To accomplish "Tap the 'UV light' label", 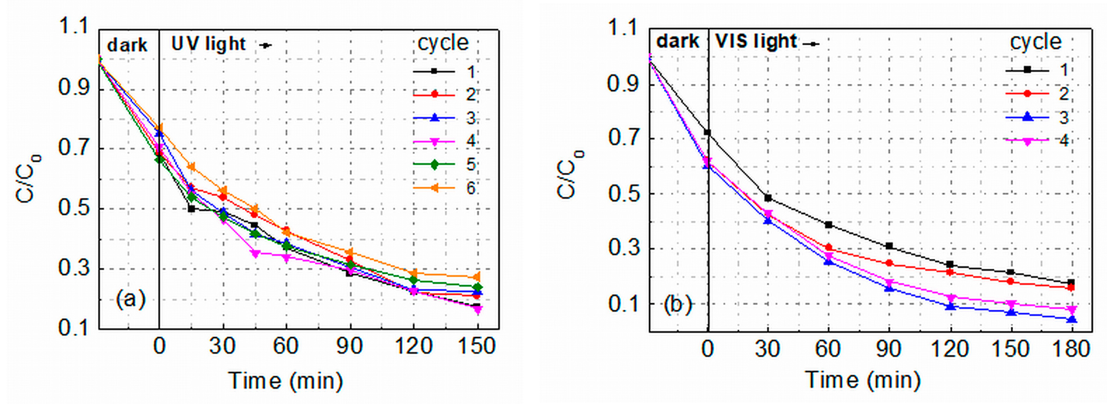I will click(x=208, y=44).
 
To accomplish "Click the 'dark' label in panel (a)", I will click(x=127, y=45).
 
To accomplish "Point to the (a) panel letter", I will click(x=131, y=299).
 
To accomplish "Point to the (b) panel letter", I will click(x=678, y=304).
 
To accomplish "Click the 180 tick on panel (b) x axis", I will click(x=1071, y=348).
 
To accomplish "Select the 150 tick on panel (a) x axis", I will click(x=477, y=346).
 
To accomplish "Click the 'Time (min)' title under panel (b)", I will click(x=863, y=380).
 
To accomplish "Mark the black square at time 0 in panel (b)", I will click(x=707, y=132).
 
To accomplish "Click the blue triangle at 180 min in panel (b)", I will click(x=1072, y=319).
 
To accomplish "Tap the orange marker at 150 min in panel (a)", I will click(x=477, y=277).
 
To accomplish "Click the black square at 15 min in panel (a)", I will click(x=191, y=209).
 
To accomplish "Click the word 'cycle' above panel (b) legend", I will click(x=1036, y=42).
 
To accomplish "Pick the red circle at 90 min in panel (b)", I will click(x=889, y=263).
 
